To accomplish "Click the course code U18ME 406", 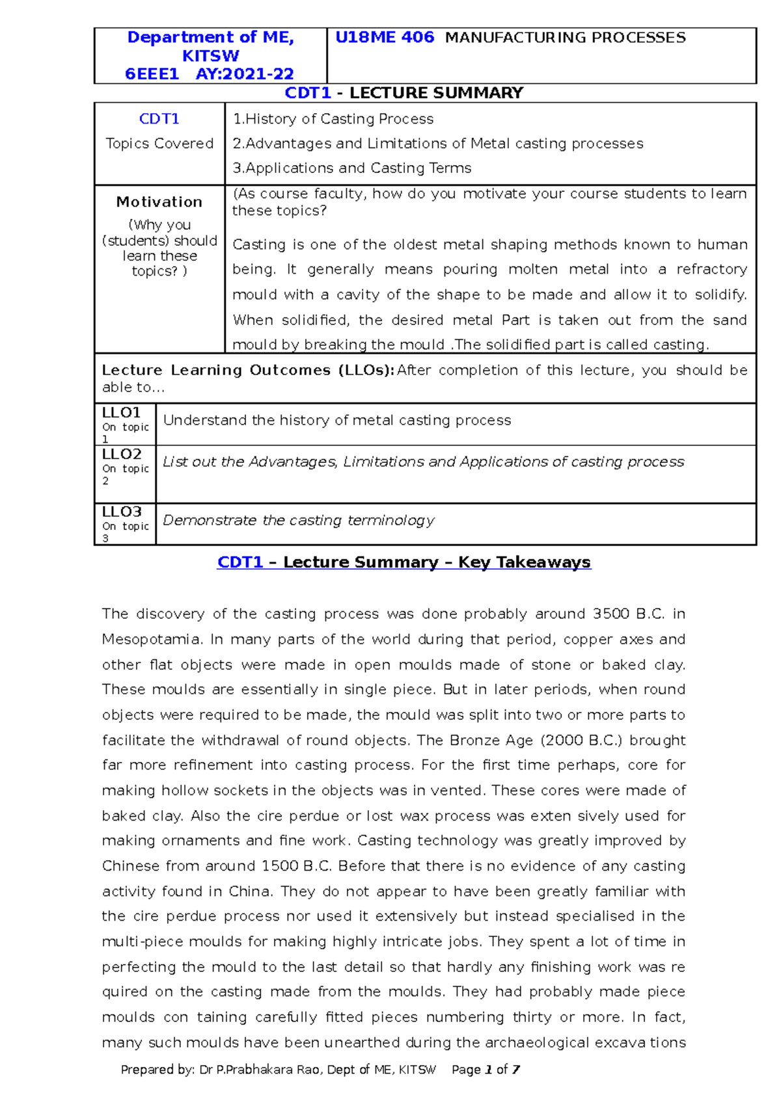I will click(x=384, y=38).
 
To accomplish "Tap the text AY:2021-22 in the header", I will click(x=245, y=74).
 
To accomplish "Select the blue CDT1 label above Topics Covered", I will click(x=159, y=119).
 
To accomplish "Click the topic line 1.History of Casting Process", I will click(x=333, y=119).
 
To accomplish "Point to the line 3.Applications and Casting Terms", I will click(x=352, y=168).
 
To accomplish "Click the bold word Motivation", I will click(x=159, y=202).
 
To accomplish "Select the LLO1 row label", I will click(x=122, y=413).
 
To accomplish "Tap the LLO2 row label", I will click(x=122, y=454).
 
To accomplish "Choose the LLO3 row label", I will click(x=122, y=512).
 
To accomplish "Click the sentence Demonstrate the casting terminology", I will click(x=298, y=520).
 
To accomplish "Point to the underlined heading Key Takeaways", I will click(x=524, y=562).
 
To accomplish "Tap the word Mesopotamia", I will click(x=152, y=640).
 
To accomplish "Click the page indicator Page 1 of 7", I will click(x=486, y=1070).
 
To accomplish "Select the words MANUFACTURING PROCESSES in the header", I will click(x=565, y=38).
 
